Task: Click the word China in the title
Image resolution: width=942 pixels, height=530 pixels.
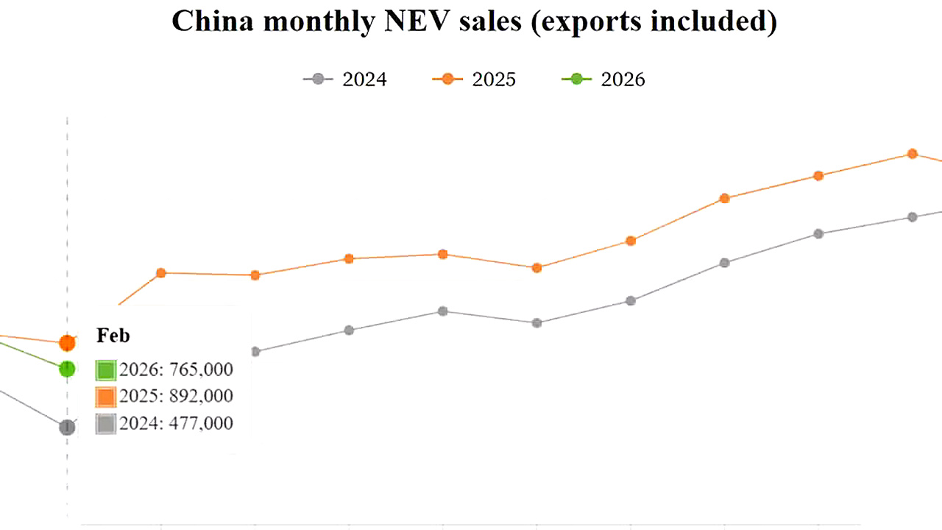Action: pyautogui.click(x=213, y=21)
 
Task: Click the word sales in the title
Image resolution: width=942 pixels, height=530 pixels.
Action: pyautogui.click(x=481, y=21)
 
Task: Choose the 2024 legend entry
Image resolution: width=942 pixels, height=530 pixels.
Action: pyautogui.click(x=345, y=79)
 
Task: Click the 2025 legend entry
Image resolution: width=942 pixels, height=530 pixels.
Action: pyautogui.click(x=475, y=79)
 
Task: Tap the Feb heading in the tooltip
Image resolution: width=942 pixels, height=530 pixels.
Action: pyautogui.click(x=113, y=336)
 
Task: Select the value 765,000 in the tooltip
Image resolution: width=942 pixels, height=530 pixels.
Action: pyautogui.click(x=201, y=370)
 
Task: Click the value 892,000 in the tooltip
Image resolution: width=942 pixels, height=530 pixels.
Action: pyautogui.click(x=201, y=396)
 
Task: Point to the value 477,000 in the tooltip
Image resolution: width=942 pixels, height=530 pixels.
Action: pyautogui.click(x=201, y=423)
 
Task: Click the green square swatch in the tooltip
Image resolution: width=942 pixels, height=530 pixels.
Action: pyautogui.click(x=106, y=370)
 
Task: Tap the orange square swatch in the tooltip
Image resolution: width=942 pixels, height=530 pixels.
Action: pyautogui.click(x=106, y=397)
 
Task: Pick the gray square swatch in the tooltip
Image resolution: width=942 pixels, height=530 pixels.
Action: pyautogui.click(x=106, y=423)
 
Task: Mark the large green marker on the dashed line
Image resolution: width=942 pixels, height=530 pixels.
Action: pyautogui.click(x=67, y=369)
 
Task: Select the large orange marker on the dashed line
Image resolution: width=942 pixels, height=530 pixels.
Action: pyautogui.click(x=67, y=342)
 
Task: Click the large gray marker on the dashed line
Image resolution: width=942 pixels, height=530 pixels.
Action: pyautogui.click(x=67, y=427)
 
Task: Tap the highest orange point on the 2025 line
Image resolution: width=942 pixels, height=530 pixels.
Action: pyautogui.click(x=913, y=153)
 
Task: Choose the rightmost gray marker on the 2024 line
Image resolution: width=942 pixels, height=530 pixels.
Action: pyautogui.click(x=913, y=217)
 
